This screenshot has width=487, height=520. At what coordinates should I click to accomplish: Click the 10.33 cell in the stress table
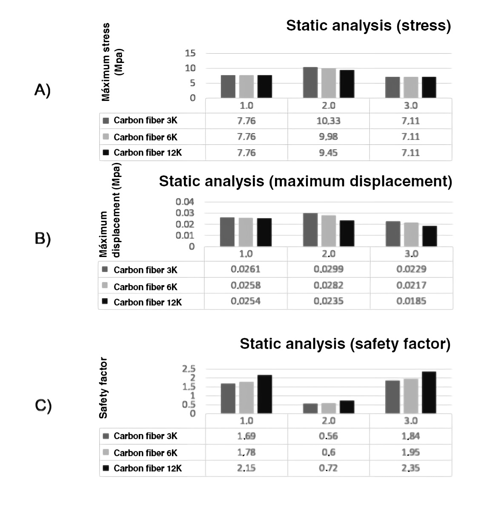[x=328, y=121]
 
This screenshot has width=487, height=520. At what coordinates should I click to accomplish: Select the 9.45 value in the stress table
[x=328, y=153]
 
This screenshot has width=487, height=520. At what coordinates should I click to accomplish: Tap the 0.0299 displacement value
[x=328, y=269]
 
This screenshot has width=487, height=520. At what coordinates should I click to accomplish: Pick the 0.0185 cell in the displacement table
[x=411, y=301]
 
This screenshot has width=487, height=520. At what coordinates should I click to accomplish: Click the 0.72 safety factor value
[x=328, y=468]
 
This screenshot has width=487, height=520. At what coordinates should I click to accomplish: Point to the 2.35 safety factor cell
[x=411, y=468]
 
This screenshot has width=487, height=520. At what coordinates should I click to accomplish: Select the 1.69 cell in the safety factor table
[x=246, y=436]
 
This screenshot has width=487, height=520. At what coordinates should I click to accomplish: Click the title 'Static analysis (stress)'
[x=368, y=26]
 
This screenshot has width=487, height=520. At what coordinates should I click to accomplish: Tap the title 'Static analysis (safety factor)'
[x=345, y=343]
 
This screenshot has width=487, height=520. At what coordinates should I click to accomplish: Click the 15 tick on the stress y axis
[x=190, y=53]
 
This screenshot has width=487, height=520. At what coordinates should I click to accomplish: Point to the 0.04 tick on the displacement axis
[x=185, y=201]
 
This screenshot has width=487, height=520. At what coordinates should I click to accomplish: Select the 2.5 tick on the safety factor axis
[x=189, y=369]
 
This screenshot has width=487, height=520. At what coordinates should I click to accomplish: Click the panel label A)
[x=43, y=90]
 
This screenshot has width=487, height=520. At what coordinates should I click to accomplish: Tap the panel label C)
[x=43, y=406]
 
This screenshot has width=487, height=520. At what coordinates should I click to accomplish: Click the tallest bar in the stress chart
[x=310, y=83]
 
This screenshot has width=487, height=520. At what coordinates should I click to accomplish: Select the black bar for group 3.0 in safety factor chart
[x=429, y=392]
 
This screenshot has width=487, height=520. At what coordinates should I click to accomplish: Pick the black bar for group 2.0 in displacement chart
[x=347, y=233]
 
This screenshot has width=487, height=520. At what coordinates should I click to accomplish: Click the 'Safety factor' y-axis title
[x=103, y=388]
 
